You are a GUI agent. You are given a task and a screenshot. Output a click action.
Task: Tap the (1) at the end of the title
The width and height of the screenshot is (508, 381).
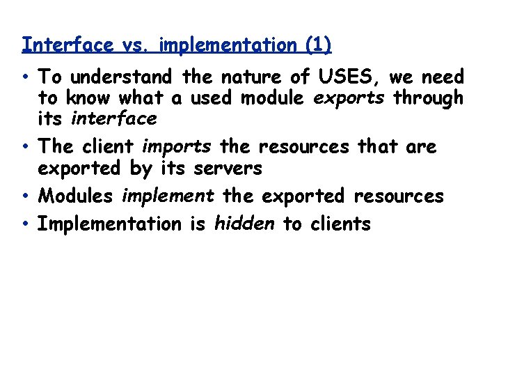[x=318, y=45]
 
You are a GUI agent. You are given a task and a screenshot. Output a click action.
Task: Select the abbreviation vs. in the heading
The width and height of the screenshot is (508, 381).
[x=136, y=45]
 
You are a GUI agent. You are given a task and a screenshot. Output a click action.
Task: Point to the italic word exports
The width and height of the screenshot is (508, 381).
[x=349, y=98]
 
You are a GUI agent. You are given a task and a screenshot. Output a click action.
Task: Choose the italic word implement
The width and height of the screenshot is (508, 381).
[x=168, y=196]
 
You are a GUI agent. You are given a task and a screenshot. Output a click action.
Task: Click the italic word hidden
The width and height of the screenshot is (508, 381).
[x=244, y=224]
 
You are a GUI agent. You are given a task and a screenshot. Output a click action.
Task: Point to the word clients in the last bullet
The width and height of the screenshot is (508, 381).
[x=336, y=224]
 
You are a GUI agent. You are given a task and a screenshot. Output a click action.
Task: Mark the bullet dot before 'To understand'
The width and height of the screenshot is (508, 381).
[x=26, y=77]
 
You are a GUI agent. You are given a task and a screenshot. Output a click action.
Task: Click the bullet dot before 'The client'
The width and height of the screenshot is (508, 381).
[x=26, y=147]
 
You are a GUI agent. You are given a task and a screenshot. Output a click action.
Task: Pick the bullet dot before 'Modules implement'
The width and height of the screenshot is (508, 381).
[x=26, y=196]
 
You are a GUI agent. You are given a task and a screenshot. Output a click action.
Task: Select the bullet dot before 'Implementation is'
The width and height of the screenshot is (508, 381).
[x=26, y=224]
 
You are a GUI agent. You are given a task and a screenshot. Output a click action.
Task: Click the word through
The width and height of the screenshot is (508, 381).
[x=428, y=98]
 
